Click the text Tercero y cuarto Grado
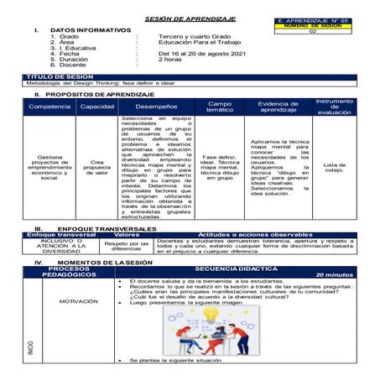point(195,37)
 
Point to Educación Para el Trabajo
point(199,43)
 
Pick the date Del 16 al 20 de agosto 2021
point(201,55)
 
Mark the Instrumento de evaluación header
point(334,107)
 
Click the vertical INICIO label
point(32,348)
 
